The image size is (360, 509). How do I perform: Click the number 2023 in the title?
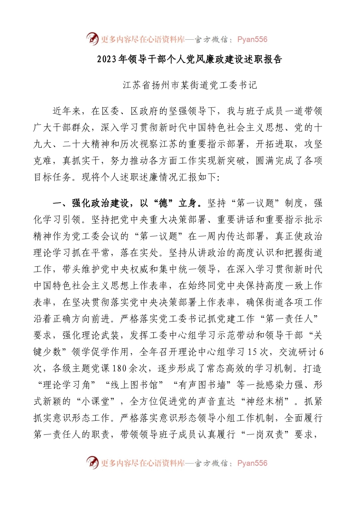point(107,59)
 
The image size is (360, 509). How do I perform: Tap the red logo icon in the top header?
point(92,39)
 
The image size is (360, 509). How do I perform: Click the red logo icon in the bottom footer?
point(92,462)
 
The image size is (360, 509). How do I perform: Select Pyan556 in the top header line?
point(252,39)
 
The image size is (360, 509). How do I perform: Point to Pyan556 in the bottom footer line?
point(252,463)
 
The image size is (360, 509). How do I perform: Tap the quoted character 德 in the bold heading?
point(163,203)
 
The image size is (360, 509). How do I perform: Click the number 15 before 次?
point(252,352)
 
